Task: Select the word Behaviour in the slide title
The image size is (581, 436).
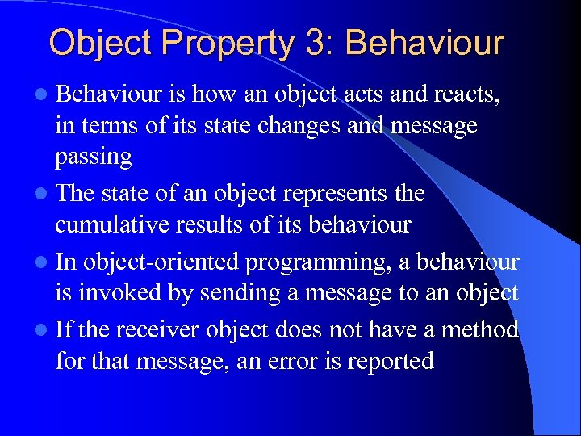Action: coord(424,42)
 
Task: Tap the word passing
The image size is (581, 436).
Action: coord(94,157)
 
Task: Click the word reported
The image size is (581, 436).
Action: coord(390,361)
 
